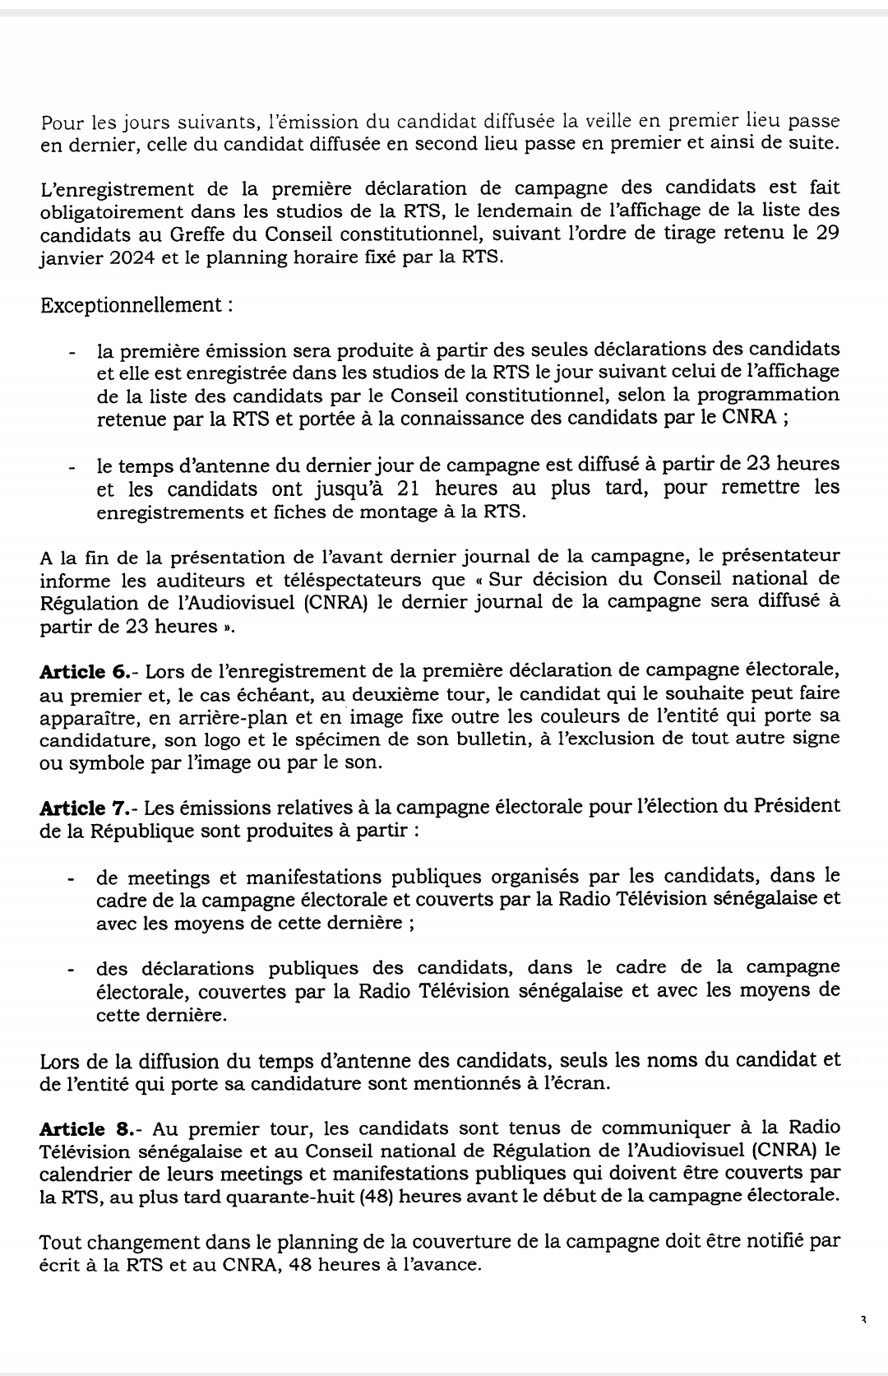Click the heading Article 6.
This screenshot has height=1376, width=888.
pos(83,672)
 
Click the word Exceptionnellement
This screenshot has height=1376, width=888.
pos(129,305)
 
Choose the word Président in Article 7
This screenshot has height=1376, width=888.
pos(797,807)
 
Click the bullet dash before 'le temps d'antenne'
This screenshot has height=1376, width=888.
pos(72,466)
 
